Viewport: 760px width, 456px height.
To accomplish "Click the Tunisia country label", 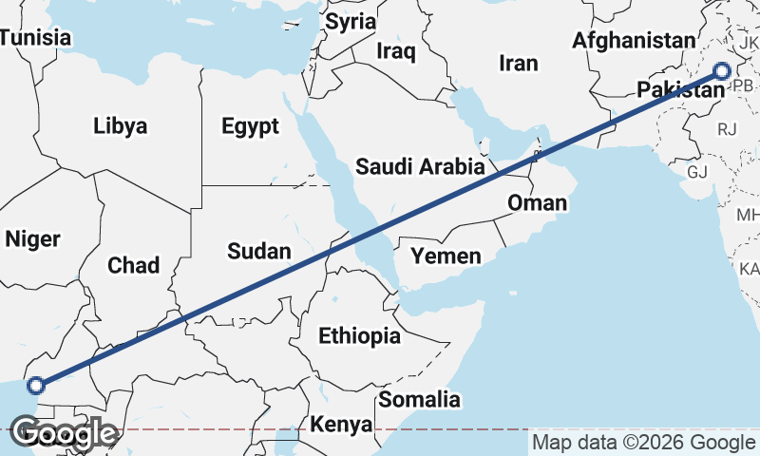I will pos(36,38).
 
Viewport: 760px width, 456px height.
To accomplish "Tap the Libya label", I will pos(121,125).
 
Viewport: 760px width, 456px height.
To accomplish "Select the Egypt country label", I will pos(250,126).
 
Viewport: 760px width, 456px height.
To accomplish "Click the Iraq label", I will pos(396,50).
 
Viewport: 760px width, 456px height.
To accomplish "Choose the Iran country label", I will pos(519,64).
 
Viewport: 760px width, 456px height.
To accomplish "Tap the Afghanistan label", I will pos(635,41).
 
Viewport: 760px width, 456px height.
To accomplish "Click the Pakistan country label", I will pos(680,91).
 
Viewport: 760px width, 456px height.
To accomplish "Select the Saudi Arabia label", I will pos(420,167).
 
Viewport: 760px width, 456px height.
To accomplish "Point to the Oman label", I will pos(537,202).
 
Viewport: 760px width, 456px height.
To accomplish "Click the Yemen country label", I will pos(446,256).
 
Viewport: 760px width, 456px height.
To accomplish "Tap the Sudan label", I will pos(258,251).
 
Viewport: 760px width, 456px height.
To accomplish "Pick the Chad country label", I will pos(134,265).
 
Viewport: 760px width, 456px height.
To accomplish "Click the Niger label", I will pos(32,239).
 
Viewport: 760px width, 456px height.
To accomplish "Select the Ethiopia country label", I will pos(359,335).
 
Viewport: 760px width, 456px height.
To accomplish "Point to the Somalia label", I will pos(419,400).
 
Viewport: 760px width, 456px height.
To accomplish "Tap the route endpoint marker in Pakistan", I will pos(722,70).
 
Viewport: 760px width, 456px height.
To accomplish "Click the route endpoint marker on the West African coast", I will pos(36,385).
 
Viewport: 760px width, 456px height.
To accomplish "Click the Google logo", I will pos(65,434).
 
